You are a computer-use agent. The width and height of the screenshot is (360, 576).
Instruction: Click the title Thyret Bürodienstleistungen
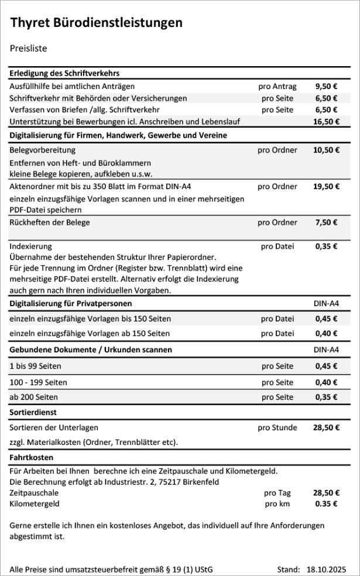point(96,23)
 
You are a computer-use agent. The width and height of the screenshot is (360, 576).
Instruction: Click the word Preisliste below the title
point(28,49)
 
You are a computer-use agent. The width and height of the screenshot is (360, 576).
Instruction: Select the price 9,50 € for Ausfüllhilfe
point(326,86)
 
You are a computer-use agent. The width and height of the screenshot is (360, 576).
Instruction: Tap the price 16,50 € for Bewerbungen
point(326,122)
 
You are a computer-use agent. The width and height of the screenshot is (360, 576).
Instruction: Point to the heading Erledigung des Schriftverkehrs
point(65,74)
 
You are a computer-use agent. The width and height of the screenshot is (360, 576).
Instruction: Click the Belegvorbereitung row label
point(43,150)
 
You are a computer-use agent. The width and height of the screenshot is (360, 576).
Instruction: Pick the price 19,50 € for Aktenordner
point(326,187)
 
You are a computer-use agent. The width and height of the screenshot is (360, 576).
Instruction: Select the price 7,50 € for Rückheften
point(326,222)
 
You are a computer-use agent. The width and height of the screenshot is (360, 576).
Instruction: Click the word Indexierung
point(30,246)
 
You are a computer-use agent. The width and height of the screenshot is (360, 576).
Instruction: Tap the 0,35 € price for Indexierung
point(326,246)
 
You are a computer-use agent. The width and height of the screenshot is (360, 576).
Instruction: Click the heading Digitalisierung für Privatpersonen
point(71,304)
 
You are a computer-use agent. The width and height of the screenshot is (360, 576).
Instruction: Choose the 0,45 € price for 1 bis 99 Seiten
point(326,366)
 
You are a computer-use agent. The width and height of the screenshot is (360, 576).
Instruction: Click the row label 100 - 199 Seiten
point(39,382)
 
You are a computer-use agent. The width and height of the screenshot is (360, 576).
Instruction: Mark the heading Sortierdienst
point(32,413)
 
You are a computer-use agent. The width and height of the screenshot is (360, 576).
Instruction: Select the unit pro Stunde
point(277,427)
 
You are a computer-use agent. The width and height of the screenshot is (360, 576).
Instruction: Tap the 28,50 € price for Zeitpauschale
point(326,493)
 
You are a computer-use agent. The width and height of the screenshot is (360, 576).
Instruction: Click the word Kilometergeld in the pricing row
point(35,503)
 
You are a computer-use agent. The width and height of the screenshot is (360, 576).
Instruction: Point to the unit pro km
point(277,503)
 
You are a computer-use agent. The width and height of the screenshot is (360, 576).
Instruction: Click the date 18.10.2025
point(326,568)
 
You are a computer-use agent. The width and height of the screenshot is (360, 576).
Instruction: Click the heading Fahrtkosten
point(32,457)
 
